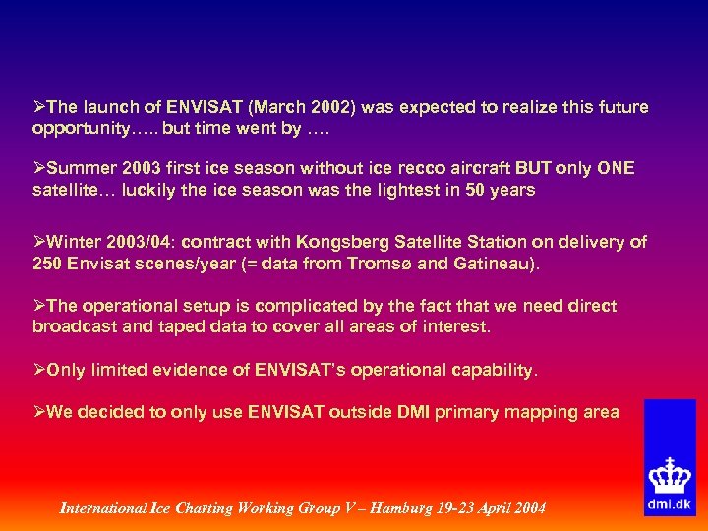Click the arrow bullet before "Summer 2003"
(39, 169)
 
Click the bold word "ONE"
(615, 169)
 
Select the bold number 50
(476, 191)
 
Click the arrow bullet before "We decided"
(39, 412)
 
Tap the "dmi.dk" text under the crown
(670, 504)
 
